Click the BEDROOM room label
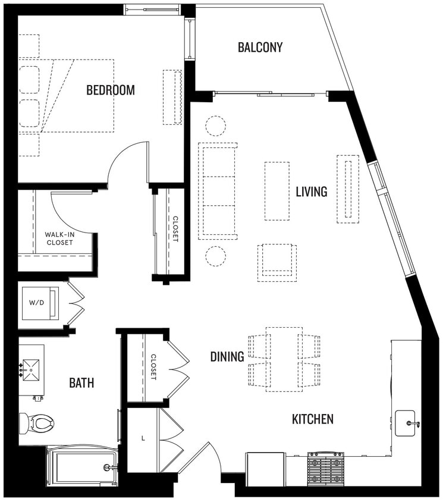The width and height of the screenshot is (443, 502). pos(111,90)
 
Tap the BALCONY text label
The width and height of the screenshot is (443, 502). pos(260,47)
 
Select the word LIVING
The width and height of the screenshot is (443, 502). pos(312,192)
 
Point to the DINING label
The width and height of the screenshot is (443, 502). pos(227,357)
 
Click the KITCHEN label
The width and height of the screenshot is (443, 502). pos(312,419)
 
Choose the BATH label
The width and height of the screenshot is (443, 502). pos(81,383)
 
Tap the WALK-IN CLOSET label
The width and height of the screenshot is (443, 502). pos(59,239)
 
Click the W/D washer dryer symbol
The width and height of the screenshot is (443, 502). pos(38,302)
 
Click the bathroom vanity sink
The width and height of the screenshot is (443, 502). pos(30,371)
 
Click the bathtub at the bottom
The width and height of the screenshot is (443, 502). pos(82,467)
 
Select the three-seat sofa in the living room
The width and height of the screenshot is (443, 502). pos(218,190)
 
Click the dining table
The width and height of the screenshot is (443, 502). pos(284,359)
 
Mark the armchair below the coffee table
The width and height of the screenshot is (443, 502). pos(277,262)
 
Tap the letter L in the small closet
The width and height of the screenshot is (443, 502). pos(143,438)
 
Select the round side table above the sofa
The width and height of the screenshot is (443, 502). pos(215,125)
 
